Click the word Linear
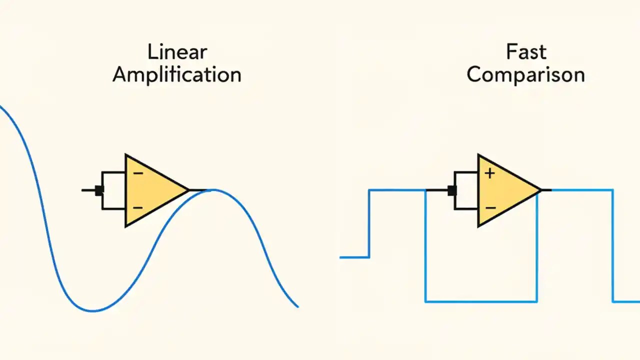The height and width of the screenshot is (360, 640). [177, 52]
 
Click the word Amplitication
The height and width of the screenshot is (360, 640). [177, 75]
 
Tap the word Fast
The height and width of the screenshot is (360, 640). [526, 52]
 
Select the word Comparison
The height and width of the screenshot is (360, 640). [526, 75]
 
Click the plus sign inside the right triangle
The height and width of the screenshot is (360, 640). [489, 173]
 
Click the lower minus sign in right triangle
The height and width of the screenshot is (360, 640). [490, 207]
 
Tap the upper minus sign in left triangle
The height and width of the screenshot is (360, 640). [138, 173]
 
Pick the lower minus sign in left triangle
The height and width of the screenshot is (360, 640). [138, 207]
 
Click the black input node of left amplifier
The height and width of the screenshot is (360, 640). [99, 190]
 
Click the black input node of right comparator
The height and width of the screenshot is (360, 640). [452, 190]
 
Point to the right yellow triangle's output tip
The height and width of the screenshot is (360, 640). [540, 190]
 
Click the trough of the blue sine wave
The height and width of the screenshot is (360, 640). [93, 311]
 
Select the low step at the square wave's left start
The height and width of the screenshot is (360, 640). [354, 257]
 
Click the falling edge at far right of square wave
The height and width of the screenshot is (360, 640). [613, 245]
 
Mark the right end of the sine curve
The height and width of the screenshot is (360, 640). [297, 306]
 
